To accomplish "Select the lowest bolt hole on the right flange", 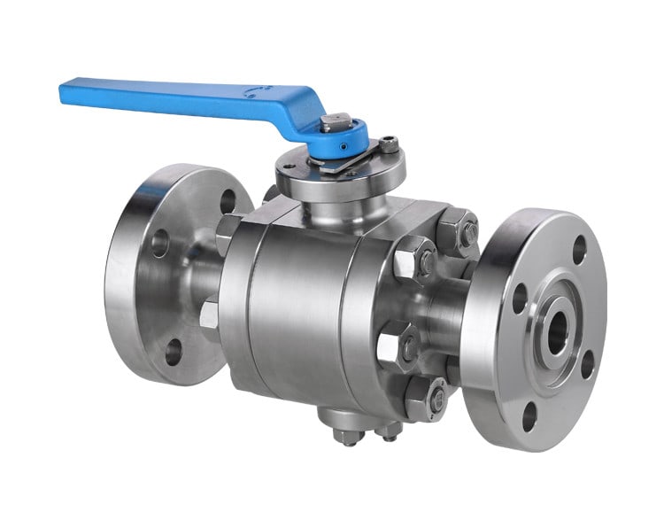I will coord(529,414).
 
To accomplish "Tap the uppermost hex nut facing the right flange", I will coord(457,232).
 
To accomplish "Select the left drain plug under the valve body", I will coord(344,435).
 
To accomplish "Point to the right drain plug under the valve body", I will coord(388,432).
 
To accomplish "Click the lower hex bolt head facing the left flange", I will coord(210,315).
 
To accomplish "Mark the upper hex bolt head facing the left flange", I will coord(228,233).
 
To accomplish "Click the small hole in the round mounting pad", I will coord(285,173).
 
